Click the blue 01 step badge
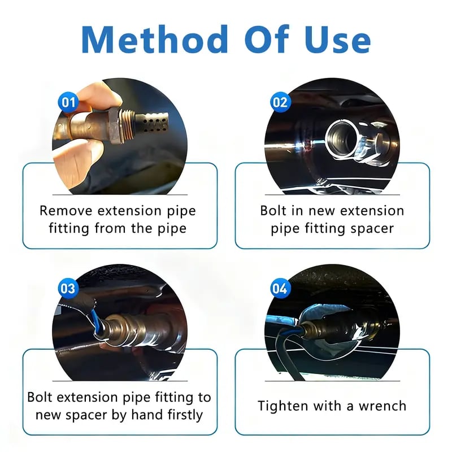68,102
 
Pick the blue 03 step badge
68,289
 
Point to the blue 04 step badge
280,289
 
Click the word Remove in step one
65,211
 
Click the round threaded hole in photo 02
342,136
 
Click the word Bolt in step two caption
273,211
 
